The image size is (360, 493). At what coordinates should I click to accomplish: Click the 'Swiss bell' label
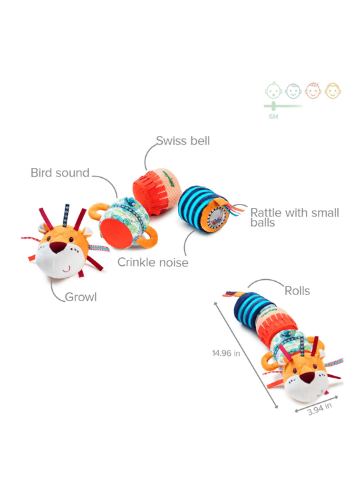pos(183,141)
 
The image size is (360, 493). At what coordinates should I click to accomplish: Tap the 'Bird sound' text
pos(60,173)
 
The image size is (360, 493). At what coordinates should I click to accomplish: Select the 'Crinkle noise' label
pos(153,262)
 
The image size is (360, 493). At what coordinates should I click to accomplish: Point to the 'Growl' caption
pos(81,297)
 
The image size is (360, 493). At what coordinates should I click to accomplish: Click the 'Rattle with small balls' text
pos(295,217)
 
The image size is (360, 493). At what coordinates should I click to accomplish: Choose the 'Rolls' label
pos(297,291)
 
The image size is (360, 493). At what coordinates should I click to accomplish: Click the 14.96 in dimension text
pos(226,353)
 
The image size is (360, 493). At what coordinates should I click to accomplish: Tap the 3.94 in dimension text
pos(319,409)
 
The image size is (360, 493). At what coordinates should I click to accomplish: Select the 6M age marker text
pos(273,117)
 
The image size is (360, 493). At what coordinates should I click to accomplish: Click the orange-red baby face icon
pos(313,91)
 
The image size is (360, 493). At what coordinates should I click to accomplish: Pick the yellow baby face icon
pos(333,91)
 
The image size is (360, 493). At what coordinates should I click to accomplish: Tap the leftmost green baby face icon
pos(273,90)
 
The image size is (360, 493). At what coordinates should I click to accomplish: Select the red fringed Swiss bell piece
pos(157,191)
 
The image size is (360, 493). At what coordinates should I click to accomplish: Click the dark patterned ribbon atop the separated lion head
pos(66,215)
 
